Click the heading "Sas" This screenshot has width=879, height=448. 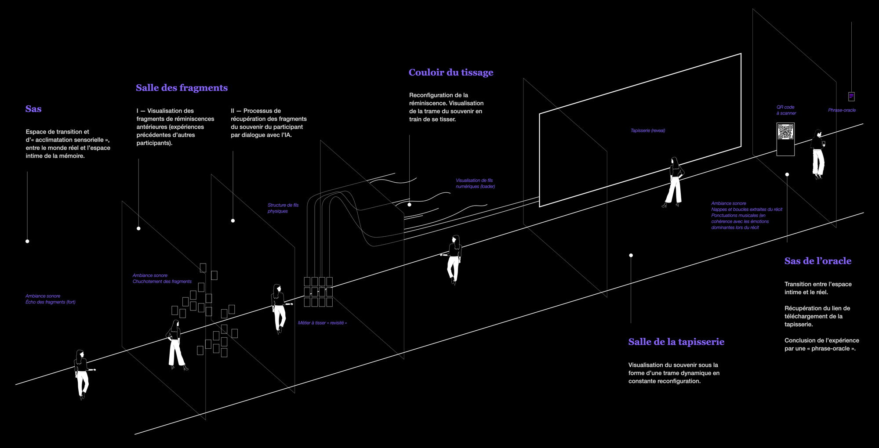tap(33, 109)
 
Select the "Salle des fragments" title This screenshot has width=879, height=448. tap(182, 88)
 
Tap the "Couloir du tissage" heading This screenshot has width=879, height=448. tap(451, 72)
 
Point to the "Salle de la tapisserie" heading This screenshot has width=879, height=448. tap(676, 342)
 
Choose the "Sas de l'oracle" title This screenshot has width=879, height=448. tap(817, 261)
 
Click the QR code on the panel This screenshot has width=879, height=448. tap(785, 132)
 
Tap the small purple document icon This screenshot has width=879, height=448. tap(851, 96)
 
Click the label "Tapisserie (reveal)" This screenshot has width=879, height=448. tap(647, 130)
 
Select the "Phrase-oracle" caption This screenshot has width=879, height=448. tap(842, 110)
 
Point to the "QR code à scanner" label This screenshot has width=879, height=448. tap(786, 110)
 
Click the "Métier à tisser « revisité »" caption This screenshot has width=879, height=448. tap(322, 323)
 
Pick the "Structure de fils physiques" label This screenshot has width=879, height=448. tap(283, 208)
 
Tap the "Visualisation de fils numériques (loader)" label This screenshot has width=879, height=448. tap(475, 184)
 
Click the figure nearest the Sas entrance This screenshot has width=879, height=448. tap(82, 373)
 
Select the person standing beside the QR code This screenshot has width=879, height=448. tap(818, 154)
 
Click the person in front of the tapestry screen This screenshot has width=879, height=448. tap(674, 182)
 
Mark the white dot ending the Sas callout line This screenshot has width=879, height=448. tap(27, 241)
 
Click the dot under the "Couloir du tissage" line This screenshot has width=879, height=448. tap(409, 205)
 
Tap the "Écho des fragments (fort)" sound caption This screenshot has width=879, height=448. tap(50, 302)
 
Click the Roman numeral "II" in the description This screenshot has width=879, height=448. tap(232, 111)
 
